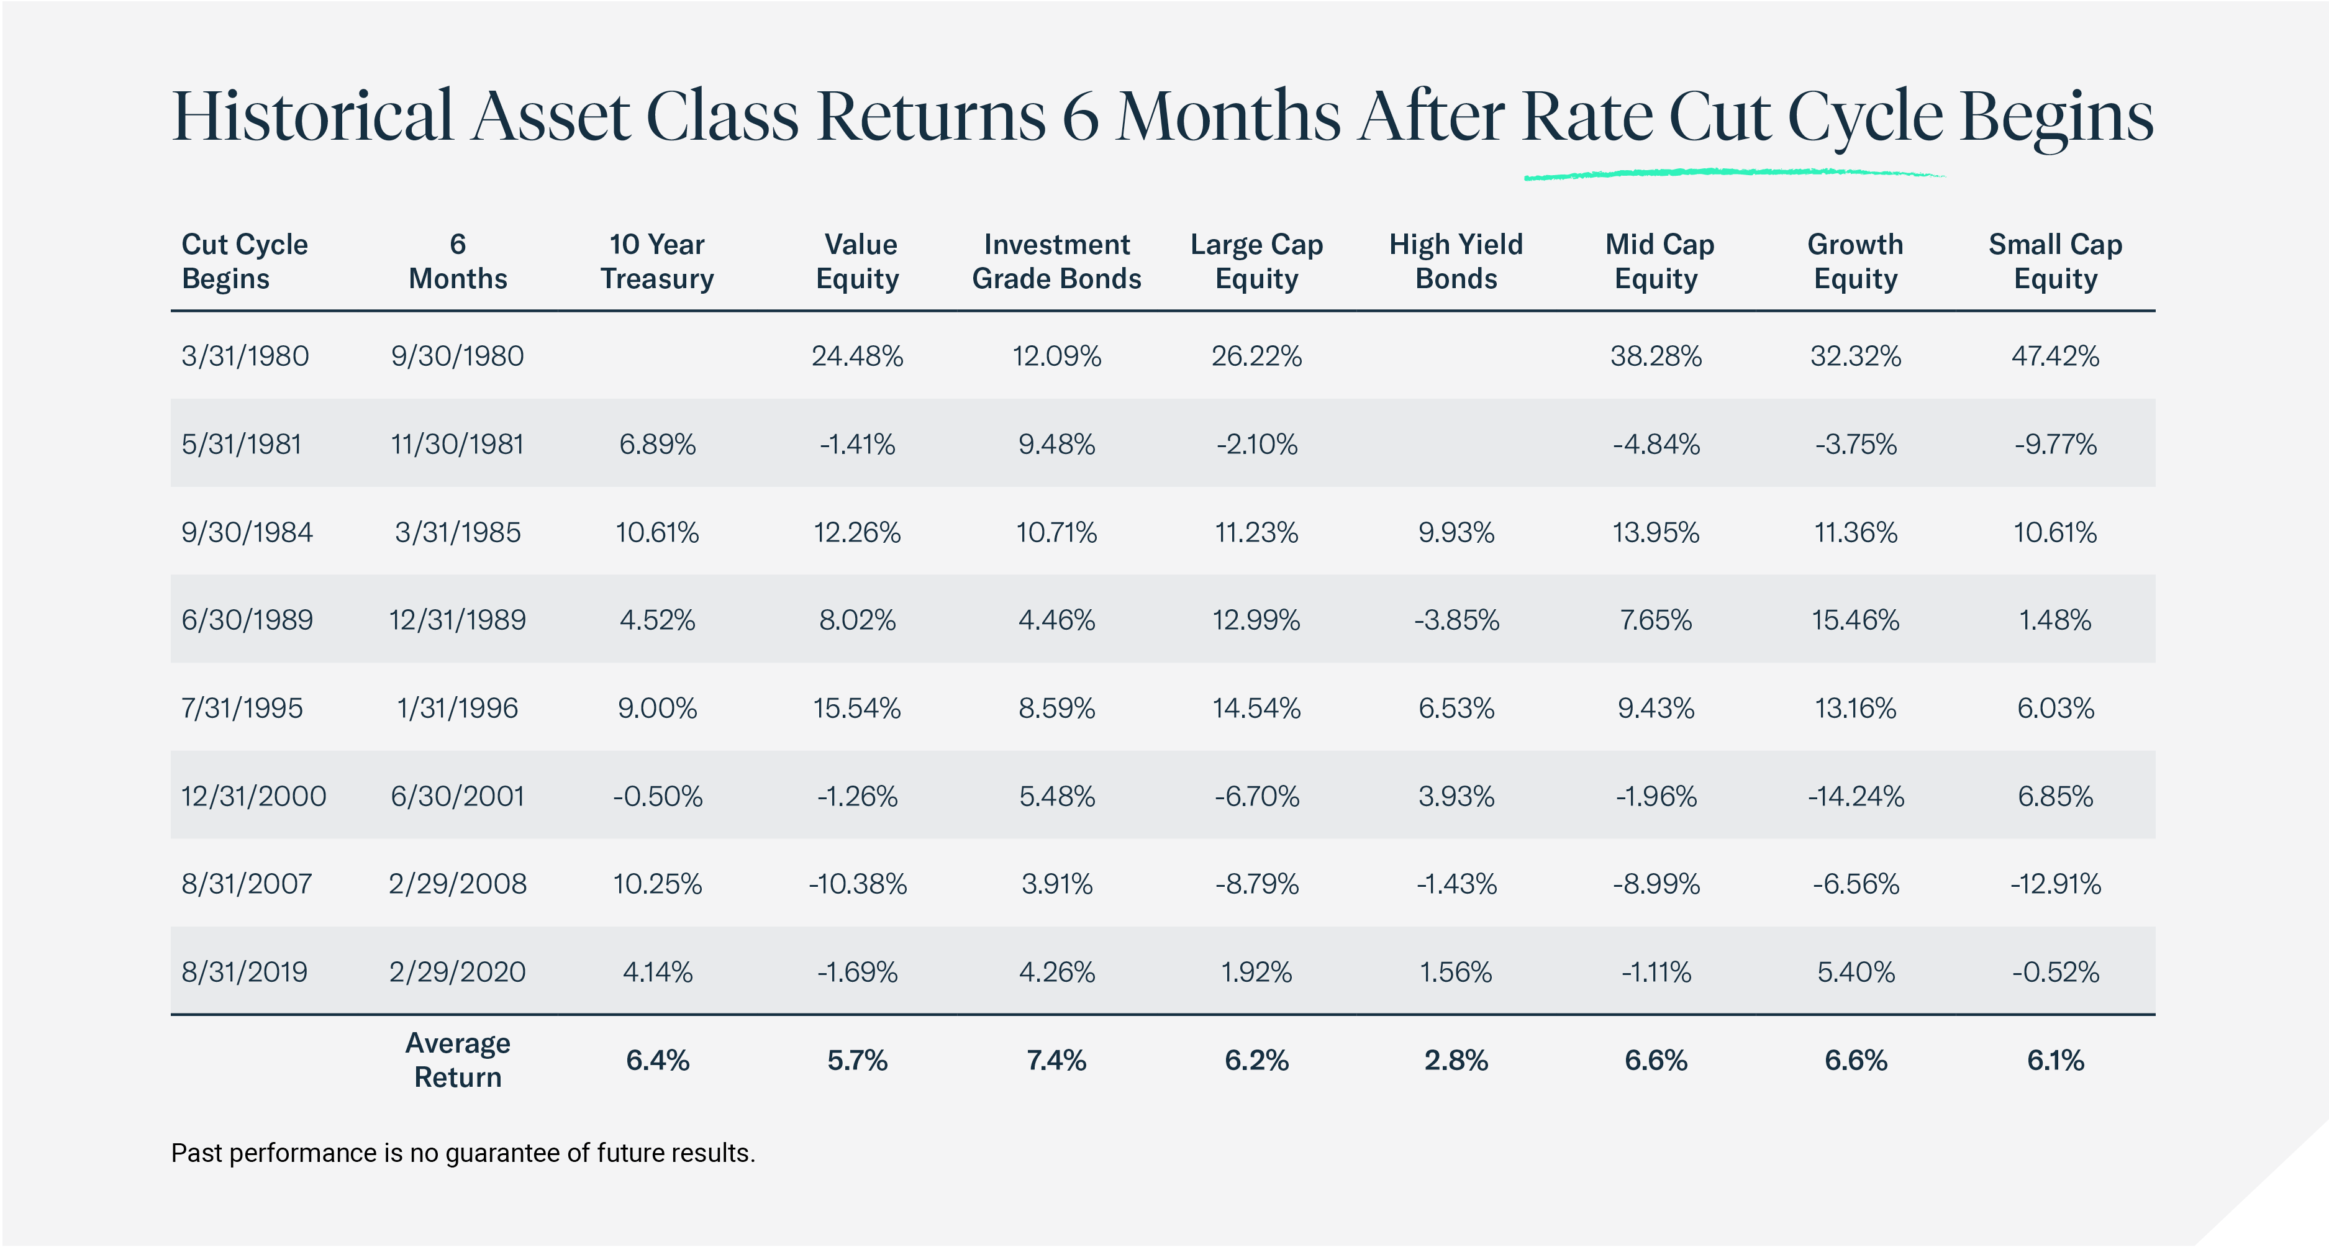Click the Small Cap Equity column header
tap(2055, 261)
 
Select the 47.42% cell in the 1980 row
tap(2055, 356)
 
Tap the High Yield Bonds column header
tap(1456, 261)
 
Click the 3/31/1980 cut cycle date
tap(245, 356)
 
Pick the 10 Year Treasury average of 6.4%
tap(657, 1060)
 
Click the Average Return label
tap(458, 1060)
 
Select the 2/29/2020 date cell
tap(458, 972)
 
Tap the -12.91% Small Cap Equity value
tap(2055, 884)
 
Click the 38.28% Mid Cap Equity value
tap(1655, 356)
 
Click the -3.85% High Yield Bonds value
tap(1456, 620)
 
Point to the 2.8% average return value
tap(1456, 1060)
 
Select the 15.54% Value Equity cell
tap(856, 708)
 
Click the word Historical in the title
tap(312, 117)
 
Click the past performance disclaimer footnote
tap(463, 1154)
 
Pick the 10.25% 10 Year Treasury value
tap(657, 884)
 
